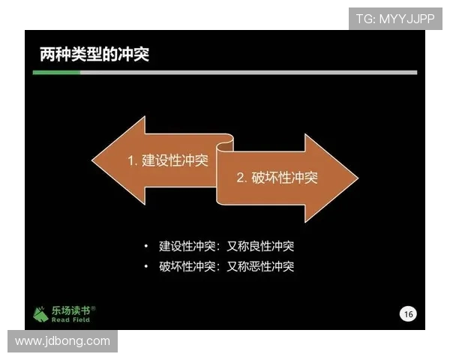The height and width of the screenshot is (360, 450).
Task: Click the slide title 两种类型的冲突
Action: click(94, 55)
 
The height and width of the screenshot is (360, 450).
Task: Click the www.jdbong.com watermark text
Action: click(62, 341)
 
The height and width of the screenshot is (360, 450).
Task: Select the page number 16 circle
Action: click(408, 313)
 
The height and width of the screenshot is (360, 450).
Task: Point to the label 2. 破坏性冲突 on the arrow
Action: click(277, 178)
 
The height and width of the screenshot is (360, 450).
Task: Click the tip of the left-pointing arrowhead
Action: click(93, 160)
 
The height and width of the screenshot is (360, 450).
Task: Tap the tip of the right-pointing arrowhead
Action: click(357, 178)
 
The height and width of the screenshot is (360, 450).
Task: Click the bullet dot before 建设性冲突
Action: click(146, 246)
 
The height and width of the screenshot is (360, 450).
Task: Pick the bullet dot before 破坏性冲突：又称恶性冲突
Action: click(146, 266)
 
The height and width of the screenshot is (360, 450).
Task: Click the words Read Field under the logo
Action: click(71, 320)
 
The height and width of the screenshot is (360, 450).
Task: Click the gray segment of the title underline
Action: click(247, 72)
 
